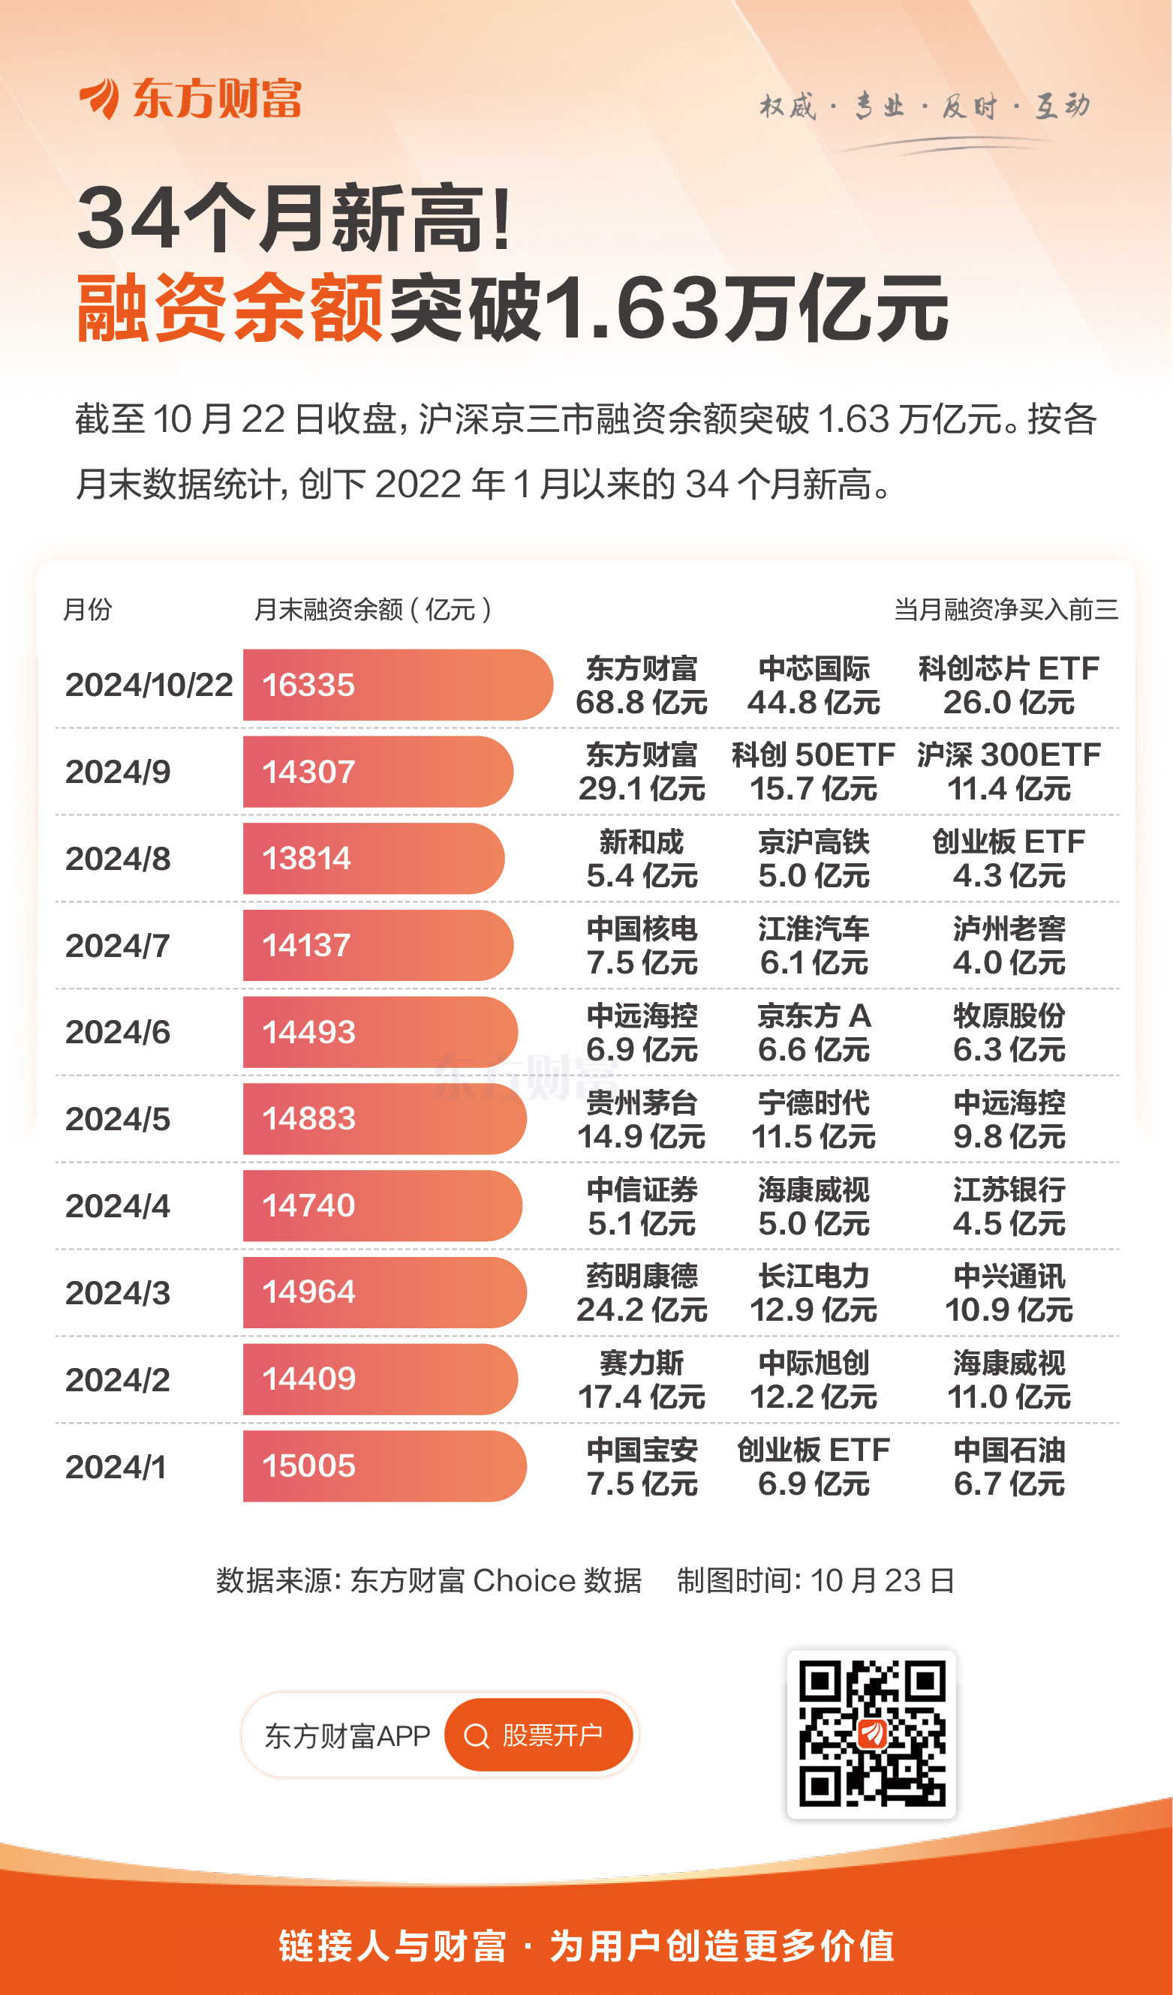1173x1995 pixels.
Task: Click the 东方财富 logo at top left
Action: click(x=190, y=99)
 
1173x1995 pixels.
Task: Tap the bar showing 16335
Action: click(x=396, y=685)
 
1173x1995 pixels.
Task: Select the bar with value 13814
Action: click(x=372, y=858)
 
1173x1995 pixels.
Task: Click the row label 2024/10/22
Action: click(x=149, y=685)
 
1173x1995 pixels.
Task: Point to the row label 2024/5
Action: click(x=117, y=1119)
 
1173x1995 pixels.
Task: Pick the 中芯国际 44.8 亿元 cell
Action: click(x=814, y=685)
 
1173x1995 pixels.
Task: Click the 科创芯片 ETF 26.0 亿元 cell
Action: click(x=1008, y=685)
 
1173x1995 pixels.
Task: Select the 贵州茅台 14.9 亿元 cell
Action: click(x=642, y=1120)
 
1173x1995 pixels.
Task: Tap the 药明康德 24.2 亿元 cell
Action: click(x=642, y=1293)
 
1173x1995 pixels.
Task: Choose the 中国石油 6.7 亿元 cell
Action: click(x=1008, y=1466)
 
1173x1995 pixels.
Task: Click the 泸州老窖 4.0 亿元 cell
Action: click(x=1008, y=945)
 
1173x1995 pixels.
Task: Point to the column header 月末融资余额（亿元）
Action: click(x=372, y=610)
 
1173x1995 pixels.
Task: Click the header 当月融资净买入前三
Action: click(x=1006, y=610)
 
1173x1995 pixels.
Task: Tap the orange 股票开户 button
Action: click(x=539, y=1735)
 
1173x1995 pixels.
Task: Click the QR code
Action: click(x=871, y=1734)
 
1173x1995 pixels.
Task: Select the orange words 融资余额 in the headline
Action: click(x=230, y=307)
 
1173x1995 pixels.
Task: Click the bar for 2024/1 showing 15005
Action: click(x=384, y=1466)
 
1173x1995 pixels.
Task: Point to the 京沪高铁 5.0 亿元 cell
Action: click(x=814, y=859)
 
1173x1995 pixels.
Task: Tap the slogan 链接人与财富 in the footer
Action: click(x=392, y=1946)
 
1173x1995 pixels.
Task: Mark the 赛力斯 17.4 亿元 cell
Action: click(x=642, y=1380)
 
